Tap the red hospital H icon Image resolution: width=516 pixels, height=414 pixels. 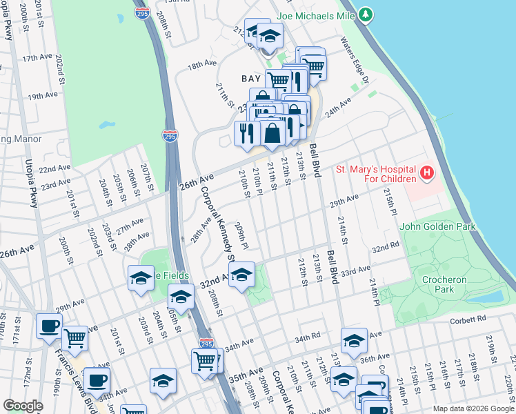(x=427, y=172)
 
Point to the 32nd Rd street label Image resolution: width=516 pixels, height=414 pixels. (x=386, y=247)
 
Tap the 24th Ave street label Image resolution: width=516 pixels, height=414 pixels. (x=339, y=108)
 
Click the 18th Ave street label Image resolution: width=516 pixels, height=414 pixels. (x=204, y=64)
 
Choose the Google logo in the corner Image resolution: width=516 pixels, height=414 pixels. (x=23, y=406)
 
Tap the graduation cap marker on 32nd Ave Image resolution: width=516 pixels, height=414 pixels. (x=241, y=276)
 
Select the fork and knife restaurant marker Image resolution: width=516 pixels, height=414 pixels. (x=247, y=133)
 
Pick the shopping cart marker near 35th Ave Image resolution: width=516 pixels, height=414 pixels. (x=205, y=360)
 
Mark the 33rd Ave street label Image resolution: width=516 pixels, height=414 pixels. (x=355, y=269)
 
